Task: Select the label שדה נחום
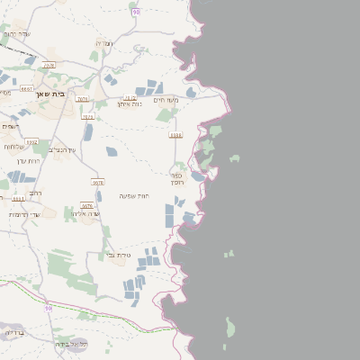coord(17,33)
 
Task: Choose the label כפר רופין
coord(177,178)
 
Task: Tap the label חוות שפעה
coord(133,195)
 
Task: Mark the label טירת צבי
coord(119,256)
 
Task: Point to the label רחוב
coord(35,193)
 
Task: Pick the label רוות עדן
coord(29,160)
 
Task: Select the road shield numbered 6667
coord(26,89)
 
